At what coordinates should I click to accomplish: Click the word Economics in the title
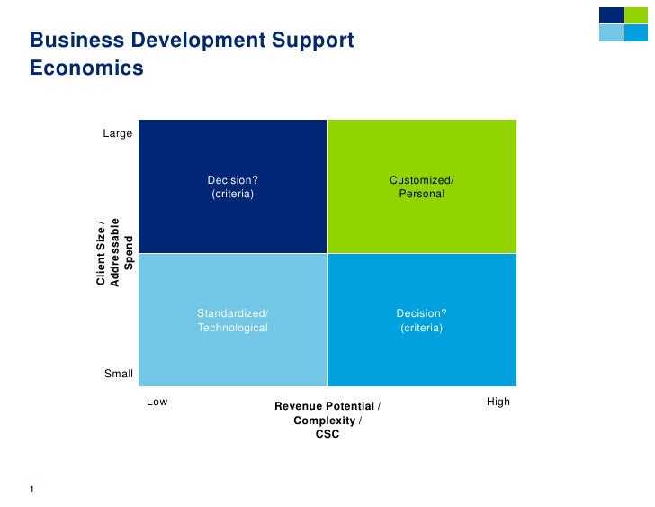[86, 68]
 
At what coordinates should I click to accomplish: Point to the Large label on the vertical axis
[118, 133]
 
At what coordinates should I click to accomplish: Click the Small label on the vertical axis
[119, 374]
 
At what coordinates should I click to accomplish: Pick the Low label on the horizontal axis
[157, 402]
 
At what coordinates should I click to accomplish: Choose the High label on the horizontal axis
[498, 402]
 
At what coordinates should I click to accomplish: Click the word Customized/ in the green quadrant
[421, 180]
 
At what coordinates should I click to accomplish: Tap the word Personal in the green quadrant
[421, 194]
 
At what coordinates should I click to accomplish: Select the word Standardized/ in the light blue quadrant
[233, 313]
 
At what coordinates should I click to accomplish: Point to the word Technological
[233, 328]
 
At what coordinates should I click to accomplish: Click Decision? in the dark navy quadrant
[233, 180]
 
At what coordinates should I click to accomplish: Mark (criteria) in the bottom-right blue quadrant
[421, 328]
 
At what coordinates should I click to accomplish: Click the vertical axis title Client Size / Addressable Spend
[114, 253]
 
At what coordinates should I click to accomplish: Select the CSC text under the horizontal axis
[327, 435]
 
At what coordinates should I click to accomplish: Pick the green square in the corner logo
[636, 15]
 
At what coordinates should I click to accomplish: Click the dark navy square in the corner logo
[611, 15]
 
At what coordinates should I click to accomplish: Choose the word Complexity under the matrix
[325, 421]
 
